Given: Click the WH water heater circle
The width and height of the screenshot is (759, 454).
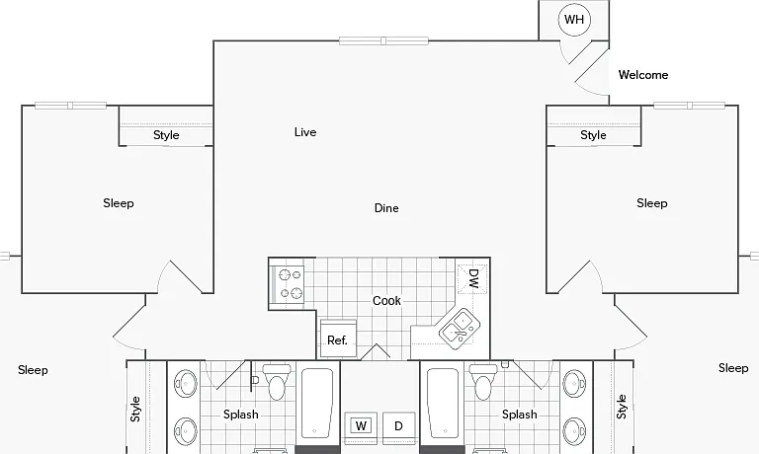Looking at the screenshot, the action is pos(574,20).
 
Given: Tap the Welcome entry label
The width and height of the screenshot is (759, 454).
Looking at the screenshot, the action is pos(643,75).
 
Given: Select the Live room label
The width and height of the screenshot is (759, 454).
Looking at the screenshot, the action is pos(305,132).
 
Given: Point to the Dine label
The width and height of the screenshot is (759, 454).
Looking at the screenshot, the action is pos(386,208).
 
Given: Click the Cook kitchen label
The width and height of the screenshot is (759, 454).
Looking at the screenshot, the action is pos(386,301).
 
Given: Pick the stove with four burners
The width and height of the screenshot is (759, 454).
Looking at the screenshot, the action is pos(287,283).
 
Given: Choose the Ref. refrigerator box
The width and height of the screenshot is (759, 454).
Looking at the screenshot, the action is pos(338,339).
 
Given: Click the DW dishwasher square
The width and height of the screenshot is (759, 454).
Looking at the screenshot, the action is pos(472,279).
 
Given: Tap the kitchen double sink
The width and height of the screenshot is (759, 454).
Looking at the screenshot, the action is pos(460,329).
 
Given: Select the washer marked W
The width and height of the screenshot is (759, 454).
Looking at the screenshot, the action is pos(361,426).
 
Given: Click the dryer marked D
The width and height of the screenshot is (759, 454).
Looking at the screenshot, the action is pos(399,426).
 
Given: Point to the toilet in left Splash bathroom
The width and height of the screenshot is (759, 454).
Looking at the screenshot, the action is pos(277,382).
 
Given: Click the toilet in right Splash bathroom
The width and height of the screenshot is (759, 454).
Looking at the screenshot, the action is pos(484,382).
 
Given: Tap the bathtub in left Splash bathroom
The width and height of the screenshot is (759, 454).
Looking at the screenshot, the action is pos(317,404).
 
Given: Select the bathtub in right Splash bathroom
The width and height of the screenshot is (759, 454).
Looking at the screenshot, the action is pos(443,404).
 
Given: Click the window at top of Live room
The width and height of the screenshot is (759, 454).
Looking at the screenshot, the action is pos(383,40).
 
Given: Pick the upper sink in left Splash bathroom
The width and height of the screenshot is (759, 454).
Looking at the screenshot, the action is pos(186,384).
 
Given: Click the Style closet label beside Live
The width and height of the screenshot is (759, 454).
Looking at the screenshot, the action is pos(166,135).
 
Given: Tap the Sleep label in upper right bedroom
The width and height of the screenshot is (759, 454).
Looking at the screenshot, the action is pos(652,203).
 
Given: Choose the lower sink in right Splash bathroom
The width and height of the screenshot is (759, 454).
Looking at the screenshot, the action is pos(574,431).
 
